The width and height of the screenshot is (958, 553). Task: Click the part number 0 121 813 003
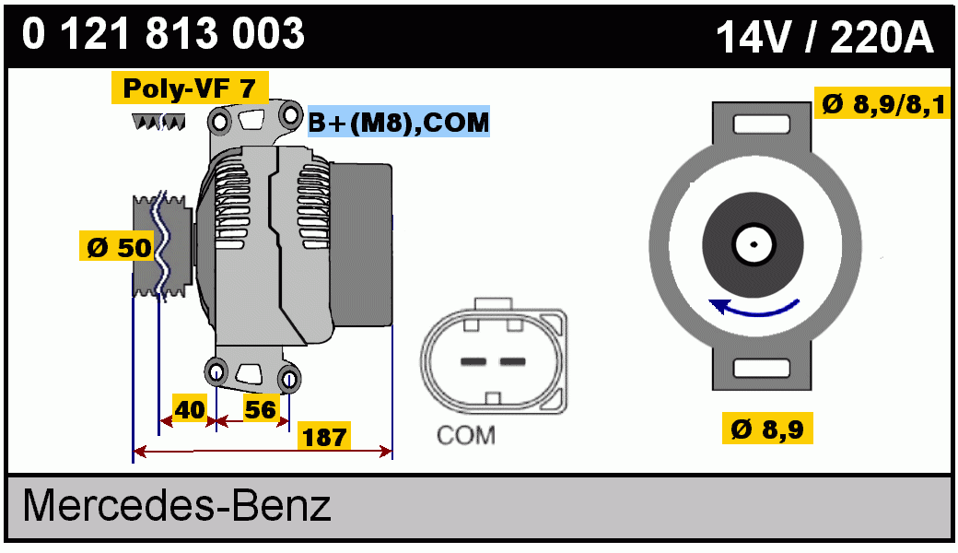tap(164, 35)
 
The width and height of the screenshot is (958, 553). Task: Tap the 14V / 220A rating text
tap(824, 38)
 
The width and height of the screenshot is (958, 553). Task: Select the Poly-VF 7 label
tap(190, 88)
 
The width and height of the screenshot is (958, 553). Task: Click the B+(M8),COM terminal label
tap(399, 122)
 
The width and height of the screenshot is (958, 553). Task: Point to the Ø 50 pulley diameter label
tap(119, 248)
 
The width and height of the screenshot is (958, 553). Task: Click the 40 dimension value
tap(190, 409)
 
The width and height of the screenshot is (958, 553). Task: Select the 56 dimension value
tap(260, 409)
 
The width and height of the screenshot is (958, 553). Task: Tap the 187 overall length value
tap(324, 437)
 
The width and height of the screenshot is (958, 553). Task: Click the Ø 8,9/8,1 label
tap(883, 105)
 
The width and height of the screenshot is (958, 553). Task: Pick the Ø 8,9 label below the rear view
tap(767, 429)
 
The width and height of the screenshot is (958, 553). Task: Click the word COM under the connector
tap(465, 435)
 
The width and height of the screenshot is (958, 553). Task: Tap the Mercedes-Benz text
tap(177, 506)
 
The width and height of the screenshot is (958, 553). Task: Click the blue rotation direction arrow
tap(756, 309)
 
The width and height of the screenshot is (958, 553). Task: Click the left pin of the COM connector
tap(473, 360)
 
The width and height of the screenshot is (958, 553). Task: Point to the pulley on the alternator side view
tap(160, 247)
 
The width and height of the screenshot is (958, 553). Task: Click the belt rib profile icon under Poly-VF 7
tap(159, 122)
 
